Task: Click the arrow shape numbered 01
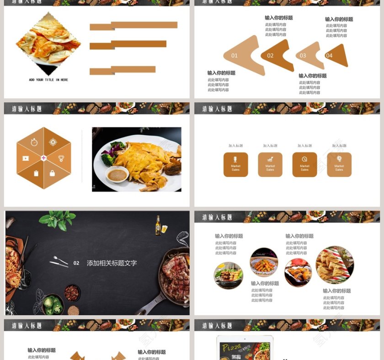coord(240,55)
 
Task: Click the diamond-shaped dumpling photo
coord(48,42)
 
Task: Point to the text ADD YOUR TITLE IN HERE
coord(48,80)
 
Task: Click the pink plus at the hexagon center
coord(44,158)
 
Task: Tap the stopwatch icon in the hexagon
coord(34,142)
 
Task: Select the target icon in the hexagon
coord(53,142)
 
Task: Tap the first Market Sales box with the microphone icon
coord(235,164)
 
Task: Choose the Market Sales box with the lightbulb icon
coord(339,164)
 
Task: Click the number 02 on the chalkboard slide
coord(76,263)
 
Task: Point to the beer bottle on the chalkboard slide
coord(158,225)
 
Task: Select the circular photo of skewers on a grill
coord(228,275)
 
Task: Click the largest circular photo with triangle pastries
coord(335,265)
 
